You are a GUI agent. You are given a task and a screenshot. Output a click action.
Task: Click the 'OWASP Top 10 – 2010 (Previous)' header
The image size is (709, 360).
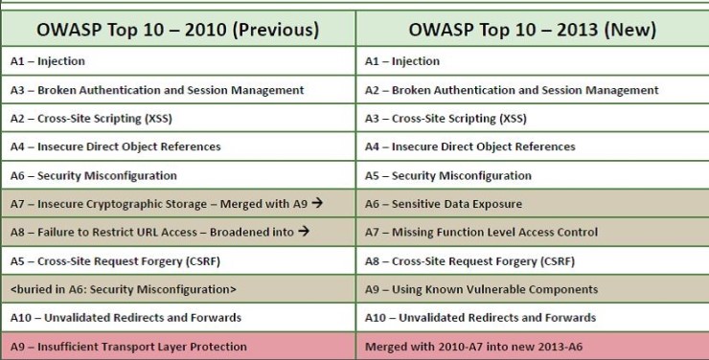tap(177, 30)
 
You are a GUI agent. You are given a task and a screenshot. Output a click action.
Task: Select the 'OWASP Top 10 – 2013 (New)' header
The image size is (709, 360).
tap(533, 30)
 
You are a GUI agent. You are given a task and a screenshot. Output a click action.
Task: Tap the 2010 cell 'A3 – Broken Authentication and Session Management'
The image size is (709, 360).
tap(157, 90)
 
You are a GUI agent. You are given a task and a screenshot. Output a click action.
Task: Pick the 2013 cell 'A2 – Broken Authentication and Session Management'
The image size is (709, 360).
tap(512, 90)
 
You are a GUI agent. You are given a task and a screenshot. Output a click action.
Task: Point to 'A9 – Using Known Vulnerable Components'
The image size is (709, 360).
tap(481, 289)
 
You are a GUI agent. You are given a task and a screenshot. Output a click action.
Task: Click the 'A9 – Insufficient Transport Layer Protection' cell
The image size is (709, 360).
tap(128, 347)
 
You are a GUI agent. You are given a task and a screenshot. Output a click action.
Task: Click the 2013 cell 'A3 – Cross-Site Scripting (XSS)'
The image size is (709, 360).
tap(446, 119)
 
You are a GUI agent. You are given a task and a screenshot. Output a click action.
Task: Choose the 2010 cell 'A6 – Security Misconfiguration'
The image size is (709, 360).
tap(94, 175)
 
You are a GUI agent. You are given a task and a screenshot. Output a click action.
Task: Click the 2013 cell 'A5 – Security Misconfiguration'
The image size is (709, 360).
tap(448, 175)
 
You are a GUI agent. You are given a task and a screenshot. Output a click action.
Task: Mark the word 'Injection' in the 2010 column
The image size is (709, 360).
tap(61, 61)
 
